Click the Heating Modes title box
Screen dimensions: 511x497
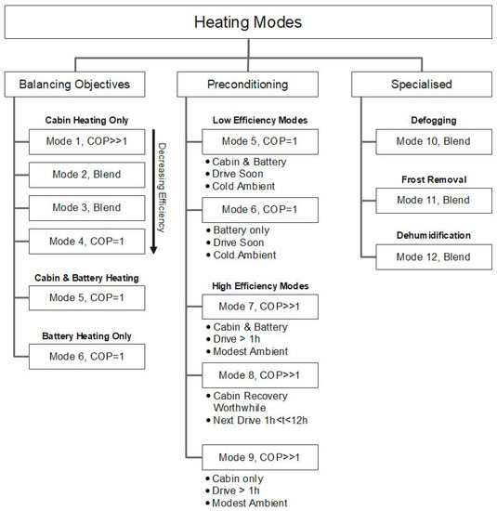click(x=248, y=21)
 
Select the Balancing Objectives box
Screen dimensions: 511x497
click(x=80, y=85)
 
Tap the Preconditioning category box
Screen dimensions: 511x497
click(x=248, y=85)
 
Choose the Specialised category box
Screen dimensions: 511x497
click(x=415, y=85)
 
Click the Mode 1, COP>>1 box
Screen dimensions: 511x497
click(x=80, y=142)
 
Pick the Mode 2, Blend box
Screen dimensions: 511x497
click(x=80, y=174)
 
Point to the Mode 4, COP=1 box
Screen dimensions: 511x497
click(x=80, y=242)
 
